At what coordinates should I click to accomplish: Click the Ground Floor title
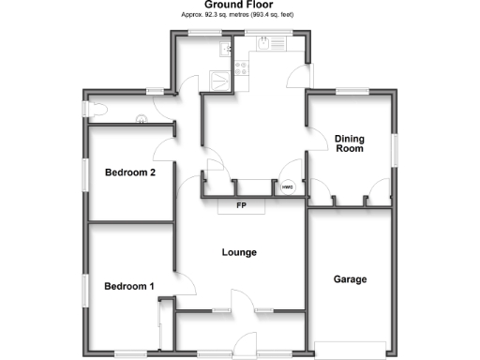240,5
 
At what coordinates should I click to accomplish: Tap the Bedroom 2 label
129,172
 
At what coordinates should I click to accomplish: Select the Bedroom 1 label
129,287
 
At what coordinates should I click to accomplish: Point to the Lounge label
240,253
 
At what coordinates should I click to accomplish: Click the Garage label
351,279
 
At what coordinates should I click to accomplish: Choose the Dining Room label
349,143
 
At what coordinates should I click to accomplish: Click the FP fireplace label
241,206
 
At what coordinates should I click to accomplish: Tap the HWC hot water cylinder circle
288,187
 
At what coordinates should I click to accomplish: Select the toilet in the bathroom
93,111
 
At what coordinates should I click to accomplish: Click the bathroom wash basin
142,118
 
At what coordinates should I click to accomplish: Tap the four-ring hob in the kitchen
241,68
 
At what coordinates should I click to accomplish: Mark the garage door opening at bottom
351,346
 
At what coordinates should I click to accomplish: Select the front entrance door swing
246,344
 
